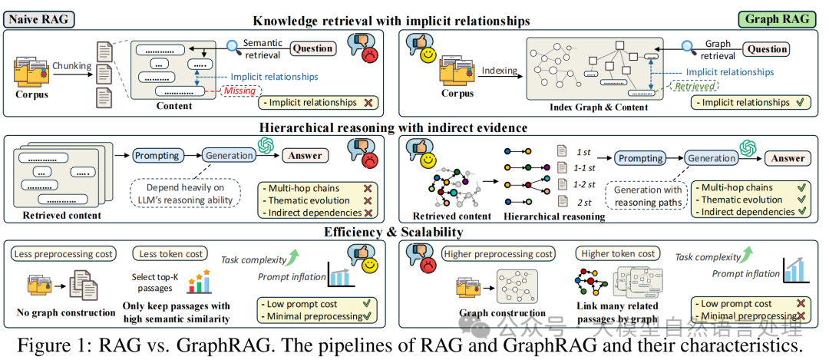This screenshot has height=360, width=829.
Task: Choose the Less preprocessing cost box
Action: click(64, 253)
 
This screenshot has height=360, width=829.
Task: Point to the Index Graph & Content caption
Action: click(599, 107)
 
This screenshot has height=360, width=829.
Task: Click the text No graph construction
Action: click(67, 312)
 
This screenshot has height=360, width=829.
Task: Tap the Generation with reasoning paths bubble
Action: click(646, 196)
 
